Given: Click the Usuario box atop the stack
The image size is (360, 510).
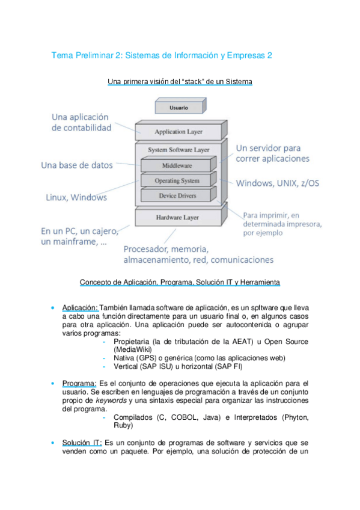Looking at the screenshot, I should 174,108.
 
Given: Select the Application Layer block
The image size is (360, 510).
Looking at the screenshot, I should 178,132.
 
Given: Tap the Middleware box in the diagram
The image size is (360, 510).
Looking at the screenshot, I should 177,165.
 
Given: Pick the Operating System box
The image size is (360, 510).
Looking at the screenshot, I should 177,180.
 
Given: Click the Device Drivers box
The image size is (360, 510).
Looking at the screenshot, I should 177,195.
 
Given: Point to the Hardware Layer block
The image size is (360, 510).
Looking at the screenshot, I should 177,217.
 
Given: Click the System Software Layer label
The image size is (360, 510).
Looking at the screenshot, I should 178,149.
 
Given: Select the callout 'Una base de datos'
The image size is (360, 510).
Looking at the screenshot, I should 77,165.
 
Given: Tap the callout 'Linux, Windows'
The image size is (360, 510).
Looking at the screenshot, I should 76,197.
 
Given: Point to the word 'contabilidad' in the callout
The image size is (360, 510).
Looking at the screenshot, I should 82,128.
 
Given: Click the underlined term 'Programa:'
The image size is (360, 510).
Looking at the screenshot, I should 79,383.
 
